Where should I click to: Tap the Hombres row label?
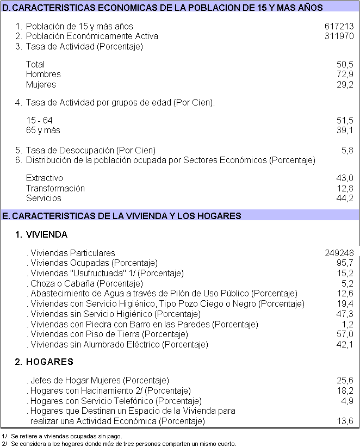tap(44, 74)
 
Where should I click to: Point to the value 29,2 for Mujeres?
tap(345, 85)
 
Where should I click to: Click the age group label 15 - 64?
tap(39, 120)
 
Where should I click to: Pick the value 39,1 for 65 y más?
tap(345, 131)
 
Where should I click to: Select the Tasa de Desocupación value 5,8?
tap(347, 150)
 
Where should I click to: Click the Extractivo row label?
tap(45, 178)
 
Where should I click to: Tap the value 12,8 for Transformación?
tap(345, 189)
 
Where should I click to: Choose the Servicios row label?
tap(44, 198)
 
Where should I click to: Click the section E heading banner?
tap(179, 216)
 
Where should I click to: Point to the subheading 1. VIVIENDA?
tap(41, 235)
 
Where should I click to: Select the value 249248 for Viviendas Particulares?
tap(339, 253)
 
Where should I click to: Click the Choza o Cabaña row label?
tap(86, 283)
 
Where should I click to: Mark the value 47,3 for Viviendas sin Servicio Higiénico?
tap(345, 314)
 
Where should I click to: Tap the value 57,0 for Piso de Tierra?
tap(345, 334)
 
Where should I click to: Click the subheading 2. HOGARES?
tap(44, 362)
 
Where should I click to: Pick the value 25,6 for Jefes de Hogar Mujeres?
tap(345, 380)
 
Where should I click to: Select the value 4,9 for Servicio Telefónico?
tap(347, 401)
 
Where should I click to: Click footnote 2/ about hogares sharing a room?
tap(122, 444)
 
